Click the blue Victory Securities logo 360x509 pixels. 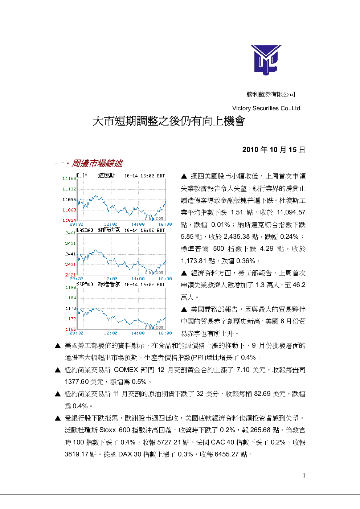click(x=266, y=60)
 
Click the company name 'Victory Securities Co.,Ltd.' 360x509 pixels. click(x=267, y=108)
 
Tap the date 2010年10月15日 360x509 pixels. click(x=274, y=149)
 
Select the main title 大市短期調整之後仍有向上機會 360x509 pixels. click(x=169, y=121)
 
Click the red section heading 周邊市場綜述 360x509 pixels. click(x=97, y=163)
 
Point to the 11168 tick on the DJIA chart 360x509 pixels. click(x=69, y=178)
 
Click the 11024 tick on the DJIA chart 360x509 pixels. click(x=69, y=220)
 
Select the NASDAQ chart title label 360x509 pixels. click(x=85, y=230)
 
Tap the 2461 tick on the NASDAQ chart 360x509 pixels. click(x=70, y=233)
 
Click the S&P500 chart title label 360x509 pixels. click(x=85, y=284)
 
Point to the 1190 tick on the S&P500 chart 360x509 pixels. click(x=71, y=287)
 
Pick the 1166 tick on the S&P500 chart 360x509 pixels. click(x=71, y=329)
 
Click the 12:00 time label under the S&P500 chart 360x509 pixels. click(x=111, y=333)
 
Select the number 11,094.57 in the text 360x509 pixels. click(x=291, y=212)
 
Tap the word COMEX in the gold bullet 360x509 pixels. click(x=126, y=370)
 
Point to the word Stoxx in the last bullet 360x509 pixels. click(x=108, y=430)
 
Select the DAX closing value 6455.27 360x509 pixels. click(x=226, y=454)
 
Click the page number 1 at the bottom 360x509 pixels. click(x=304, y=476)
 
